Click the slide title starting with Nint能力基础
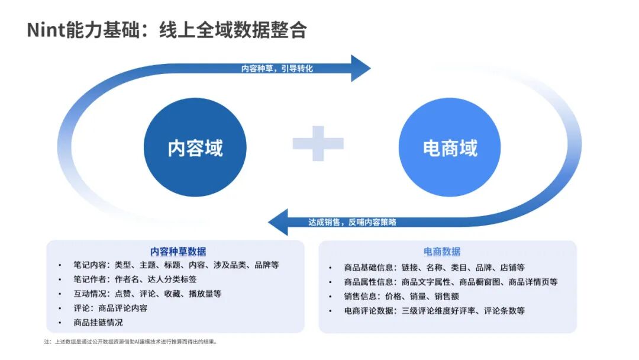point(167,30)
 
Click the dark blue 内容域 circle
point(195,147)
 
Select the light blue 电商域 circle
point(450,147)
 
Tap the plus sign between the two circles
point(318,143)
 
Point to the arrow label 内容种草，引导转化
point(277,69)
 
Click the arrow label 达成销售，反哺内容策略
point(352,222)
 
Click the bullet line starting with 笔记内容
point(176,265)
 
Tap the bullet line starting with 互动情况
point(147,294)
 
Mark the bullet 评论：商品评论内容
point(111,308)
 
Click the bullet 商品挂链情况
point(98,323)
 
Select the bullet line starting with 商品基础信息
point(434,268)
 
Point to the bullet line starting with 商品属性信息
point(450,282)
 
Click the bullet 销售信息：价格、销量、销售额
point(401,296)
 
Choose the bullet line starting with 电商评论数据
point(434,310)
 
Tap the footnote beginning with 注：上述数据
point(131,342)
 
